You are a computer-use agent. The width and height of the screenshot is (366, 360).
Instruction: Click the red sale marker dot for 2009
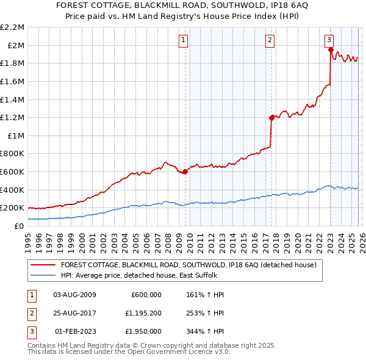coord(185,171)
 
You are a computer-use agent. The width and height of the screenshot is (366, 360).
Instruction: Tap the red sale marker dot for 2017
coord(271,118)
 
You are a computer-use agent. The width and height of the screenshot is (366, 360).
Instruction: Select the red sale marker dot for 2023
coord(330,50)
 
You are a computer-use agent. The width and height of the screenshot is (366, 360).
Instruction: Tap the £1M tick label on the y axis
coord(16,135)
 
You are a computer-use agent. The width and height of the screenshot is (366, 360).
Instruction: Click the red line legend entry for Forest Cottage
coord(188,265)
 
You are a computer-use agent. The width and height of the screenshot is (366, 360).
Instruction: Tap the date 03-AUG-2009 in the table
coord(74,295)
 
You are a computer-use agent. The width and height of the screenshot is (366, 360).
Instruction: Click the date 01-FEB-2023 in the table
coord(74,332)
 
